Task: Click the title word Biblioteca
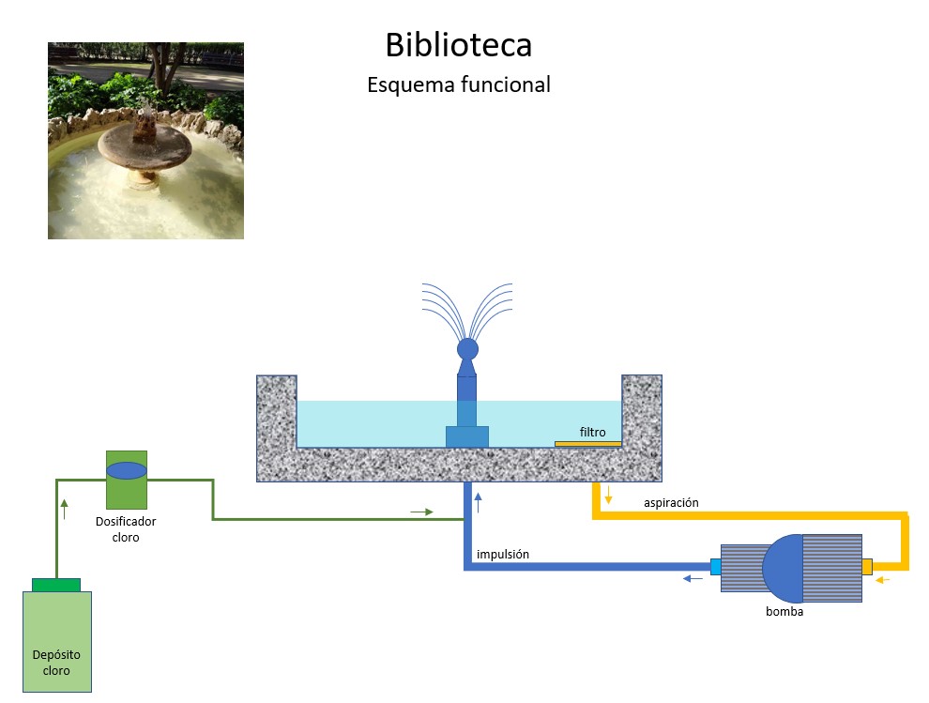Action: click(458, 45)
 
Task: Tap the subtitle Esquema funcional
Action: click(458, 84)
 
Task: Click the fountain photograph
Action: click(145, 141)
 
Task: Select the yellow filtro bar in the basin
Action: click(587, 443)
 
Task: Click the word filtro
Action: click(592, 433)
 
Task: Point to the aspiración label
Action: click(671, 503)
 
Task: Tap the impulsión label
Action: click(503, 555)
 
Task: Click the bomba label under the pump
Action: click(784, 612)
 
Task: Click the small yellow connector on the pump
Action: click(867, 566)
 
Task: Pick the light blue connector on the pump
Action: click(716, 566)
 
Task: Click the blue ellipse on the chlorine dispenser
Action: click(127, 470)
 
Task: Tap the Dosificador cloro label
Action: click(126, 529)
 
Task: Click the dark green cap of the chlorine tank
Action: click(56, 585)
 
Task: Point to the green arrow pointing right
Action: click(422, 512)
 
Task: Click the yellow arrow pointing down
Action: click(608, 495)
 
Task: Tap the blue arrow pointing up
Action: click(478, 502)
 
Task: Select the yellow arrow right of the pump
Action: click(883, 580)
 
